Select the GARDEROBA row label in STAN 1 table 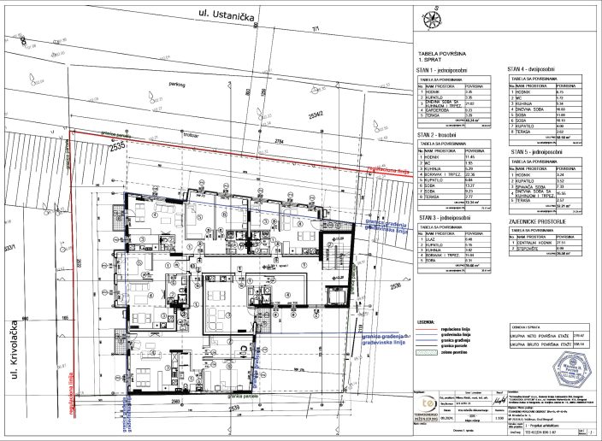point(440,109)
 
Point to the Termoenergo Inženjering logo point(428,403)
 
